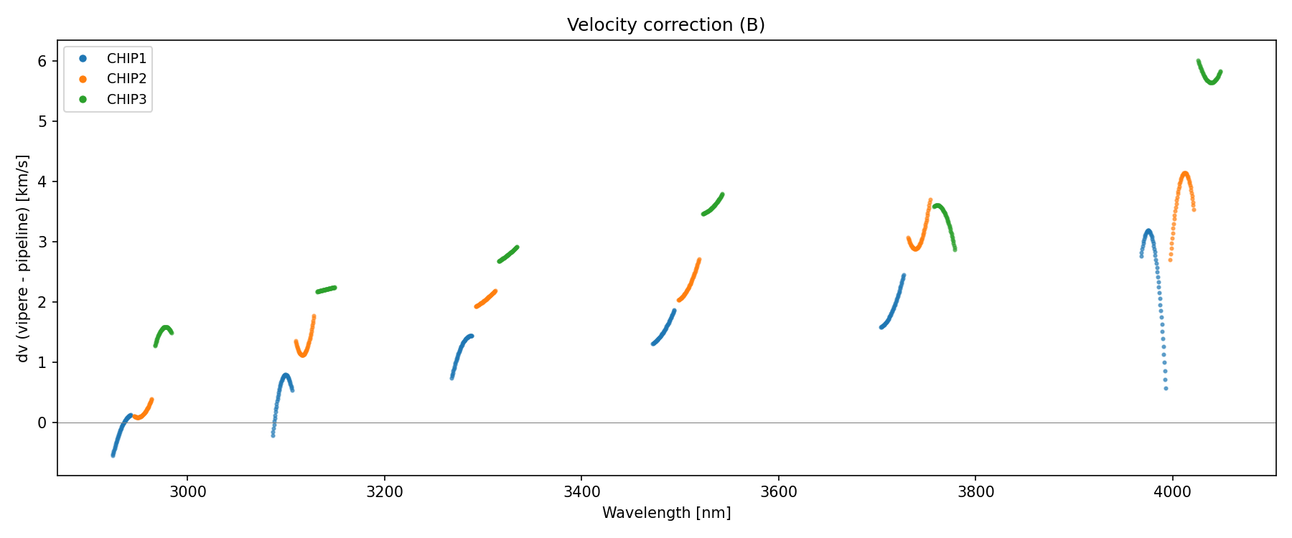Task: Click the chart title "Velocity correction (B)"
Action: point(666,25)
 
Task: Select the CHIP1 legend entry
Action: point(126,59)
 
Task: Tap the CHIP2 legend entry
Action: point(126,79)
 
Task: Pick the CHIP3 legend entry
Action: point(126,100)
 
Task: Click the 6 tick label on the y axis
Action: point(42,62)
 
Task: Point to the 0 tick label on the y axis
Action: point(42,423)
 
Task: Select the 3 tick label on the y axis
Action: point(42,242)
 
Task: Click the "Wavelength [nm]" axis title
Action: point(666,513)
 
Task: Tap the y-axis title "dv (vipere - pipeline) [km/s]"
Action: point(23,258)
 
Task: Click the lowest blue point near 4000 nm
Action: point(1166,388)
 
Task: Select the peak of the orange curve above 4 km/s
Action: point(1184,173)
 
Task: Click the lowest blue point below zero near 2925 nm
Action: point(113,455)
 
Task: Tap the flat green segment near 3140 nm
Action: point(326,289)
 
